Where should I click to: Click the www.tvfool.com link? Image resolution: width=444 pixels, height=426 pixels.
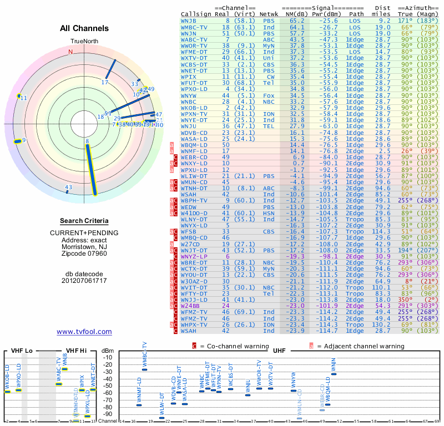point(84,332)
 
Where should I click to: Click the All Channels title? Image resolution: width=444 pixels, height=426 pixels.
point(84,28)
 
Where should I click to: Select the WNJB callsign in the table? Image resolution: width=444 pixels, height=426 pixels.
point(189,21)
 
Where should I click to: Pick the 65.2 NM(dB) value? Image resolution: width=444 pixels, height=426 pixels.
point(297,21)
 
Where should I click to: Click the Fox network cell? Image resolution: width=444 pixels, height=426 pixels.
point(269,96)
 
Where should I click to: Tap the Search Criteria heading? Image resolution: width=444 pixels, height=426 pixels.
point(84,221)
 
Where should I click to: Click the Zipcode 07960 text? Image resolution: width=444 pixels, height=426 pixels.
point(84,253)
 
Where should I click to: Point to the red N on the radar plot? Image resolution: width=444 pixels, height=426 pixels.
point(70,52)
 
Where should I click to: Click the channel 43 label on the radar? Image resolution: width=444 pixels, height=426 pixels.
point(69,187)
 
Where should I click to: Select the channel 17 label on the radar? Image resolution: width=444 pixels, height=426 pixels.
point(105,83)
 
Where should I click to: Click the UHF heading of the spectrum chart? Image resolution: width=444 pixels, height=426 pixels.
point(279,351)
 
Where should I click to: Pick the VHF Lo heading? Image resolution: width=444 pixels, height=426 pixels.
point(22,351)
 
